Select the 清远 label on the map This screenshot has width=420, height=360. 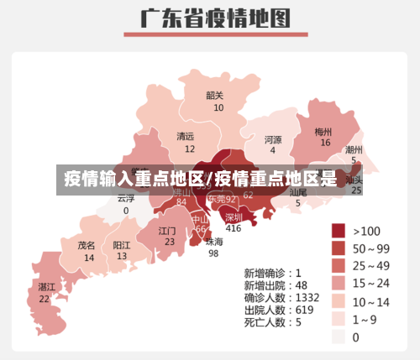coord(185,136)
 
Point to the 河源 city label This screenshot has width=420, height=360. coord(273,139)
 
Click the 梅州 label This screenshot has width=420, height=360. coord(323,132)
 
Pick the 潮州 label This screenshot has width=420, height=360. coord(354,149)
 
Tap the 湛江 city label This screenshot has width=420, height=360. coord(46,287)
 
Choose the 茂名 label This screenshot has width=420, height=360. coord(87,246)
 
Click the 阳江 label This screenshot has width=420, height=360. coord(122,245)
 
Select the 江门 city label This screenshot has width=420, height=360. coord(167,230)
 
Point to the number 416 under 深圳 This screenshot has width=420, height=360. coord(233,228)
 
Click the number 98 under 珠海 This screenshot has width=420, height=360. coord(213,253)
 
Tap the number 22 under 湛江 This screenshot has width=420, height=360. coord(44,299)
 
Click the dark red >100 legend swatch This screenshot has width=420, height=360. coord(339,231)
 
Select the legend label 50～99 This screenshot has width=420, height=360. coord(370,248)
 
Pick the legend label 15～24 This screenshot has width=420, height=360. coord(370,284)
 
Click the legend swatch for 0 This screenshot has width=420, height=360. coord(339,337)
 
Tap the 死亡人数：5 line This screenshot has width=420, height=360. coord(272,322)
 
